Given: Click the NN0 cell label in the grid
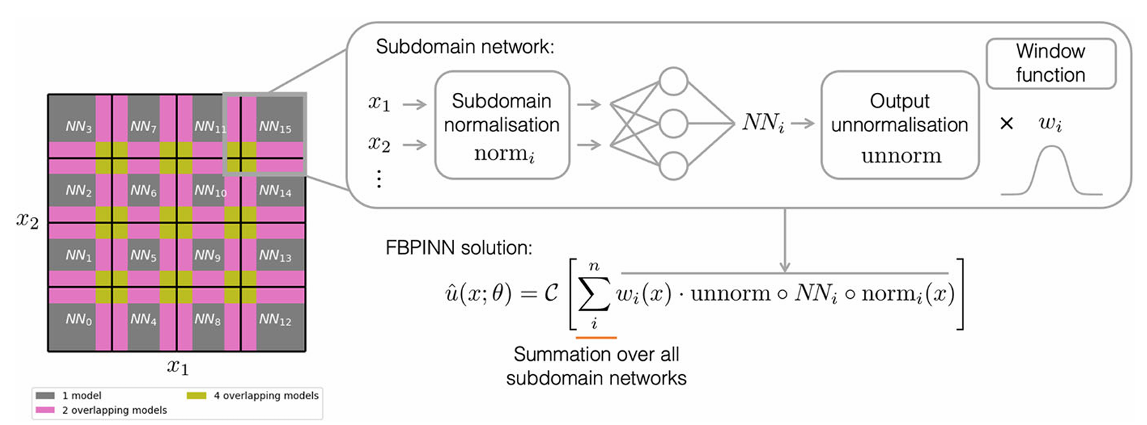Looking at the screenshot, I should click(79, 320).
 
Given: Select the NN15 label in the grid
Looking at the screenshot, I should click(275, 127).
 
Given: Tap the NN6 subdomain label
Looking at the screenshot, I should click(143, 191).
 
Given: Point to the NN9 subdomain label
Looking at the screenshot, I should click(207, 255).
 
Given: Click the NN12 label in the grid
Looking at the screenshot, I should click(275, 320).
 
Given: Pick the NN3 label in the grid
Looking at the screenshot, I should click(79, 127).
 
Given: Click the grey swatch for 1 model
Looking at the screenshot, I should click(45, 396).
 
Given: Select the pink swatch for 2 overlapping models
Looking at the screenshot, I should click(45, 410).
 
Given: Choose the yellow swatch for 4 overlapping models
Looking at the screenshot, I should click(196, 396).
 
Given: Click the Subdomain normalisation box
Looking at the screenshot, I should click(502, 126).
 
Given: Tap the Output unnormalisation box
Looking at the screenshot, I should click(900, 126).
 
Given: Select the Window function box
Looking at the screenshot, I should click(1051, 64).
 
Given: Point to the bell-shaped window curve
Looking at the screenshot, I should click(1051, 171).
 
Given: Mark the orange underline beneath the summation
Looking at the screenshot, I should click(596, 338).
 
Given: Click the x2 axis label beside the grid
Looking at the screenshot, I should click(28, 221).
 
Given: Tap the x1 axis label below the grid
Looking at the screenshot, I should click(177, 366).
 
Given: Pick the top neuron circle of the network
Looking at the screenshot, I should click(673, 81).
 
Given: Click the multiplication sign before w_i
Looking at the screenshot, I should click(1007, 124).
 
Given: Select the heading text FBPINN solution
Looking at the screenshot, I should click(459, 248).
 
